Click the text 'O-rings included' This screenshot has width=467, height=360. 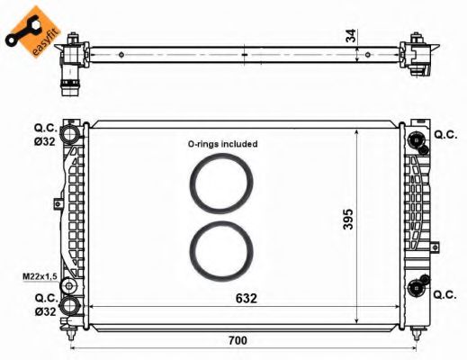222,143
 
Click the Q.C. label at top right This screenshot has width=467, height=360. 445,134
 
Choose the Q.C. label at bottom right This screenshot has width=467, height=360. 445,293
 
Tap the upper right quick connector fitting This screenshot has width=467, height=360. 416,139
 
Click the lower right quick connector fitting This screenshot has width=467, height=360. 416,288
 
